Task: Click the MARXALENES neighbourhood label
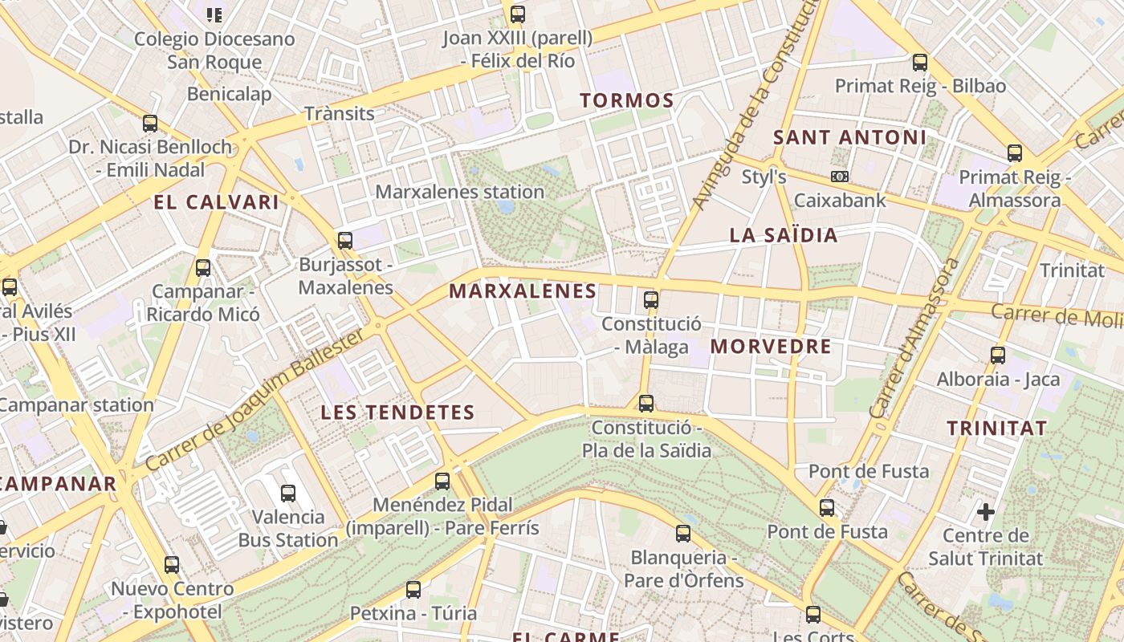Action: click(x=523, y=291)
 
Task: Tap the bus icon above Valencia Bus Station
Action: click(x=288, y=494)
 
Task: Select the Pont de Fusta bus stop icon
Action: click(x=827, y=508)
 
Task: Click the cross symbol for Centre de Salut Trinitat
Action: click(x=986, y=511)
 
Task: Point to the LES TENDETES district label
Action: click(x=397, y=412)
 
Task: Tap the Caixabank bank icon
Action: click(x=840, y=177)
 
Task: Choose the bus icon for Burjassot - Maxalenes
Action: click(x=345, y=240)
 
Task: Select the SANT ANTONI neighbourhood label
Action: click(x=849, y=137)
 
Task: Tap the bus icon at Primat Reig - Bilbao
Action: click(x=920, y=62)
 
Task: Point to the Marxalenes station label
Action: click(x=460, y=192)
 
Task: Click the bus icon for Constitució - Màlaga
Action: click(x=651, y=300)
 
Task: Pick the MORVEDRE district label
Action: click(x=771, y=347)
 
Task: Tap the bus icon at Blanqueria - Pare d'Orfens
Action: click(x=683, y=533)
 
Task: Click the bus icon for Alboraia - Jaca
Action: click(x=998, y=355)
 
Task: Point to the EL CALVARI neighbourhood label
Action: click(x=216, y=202)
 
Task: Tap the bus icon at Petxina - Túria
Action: click(x=413, y=590)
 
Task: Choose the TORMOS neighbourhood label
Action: click(x=626, y=100)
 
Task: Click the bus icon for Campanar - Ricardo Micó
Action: click(x=203, y=268)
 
